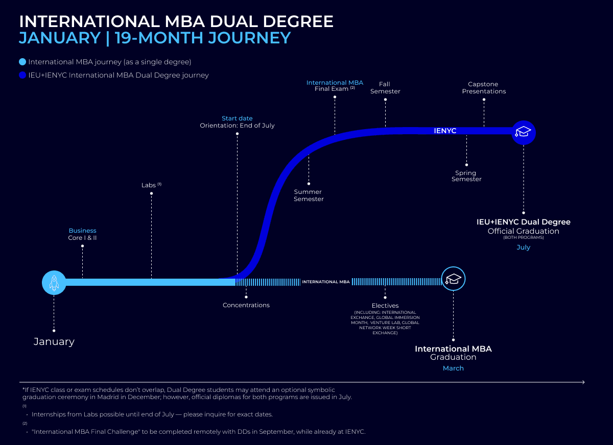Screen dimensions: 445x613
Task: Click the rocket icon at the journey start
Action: pos(54,282)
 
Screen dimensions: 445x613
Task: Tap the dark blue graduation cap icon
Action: pos(523,132)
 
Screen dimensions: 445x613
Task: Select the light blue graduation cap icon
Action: pos(453,279)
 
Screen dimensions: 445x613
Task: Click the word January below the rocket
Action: pos(54,342)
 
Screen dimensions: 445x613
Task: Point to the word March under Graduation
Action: pos(453,368)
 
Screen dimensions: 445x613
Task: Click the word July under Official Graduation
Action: pos(523,248)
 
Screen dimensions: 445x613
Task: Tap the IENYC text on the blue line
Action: pos(445,131)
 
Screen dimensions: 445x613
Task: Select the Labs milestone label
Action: pos(149,185)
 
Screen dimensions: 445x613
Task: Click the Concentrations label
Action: pos(246,305)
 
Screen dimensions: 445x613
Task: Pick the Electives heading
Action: pos(385,306)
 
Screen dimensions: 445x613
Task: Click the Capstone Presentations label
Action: pos(484,88)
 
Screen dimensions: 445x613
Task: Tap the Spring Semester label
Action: pos(466,176)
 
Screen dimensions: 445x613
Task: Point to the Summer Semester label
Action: pos(309,195)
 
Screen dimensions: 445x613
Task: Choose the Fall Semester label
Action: pos(385,88)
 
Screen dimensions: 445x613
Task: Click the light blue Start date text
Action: pos(237,118)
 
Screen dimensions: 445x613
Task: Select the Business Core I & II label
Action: pos(82,234)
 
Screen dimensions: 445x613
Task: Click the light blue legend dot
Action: pos(22,62)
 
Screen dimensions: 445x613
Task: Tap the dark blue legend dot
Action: pos(22,76)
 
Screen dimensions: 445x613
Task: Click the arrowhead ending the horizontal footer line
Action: pos(583,382)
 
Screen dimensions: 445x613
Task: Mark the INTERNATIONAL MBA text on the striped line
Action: pos(326,282)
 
